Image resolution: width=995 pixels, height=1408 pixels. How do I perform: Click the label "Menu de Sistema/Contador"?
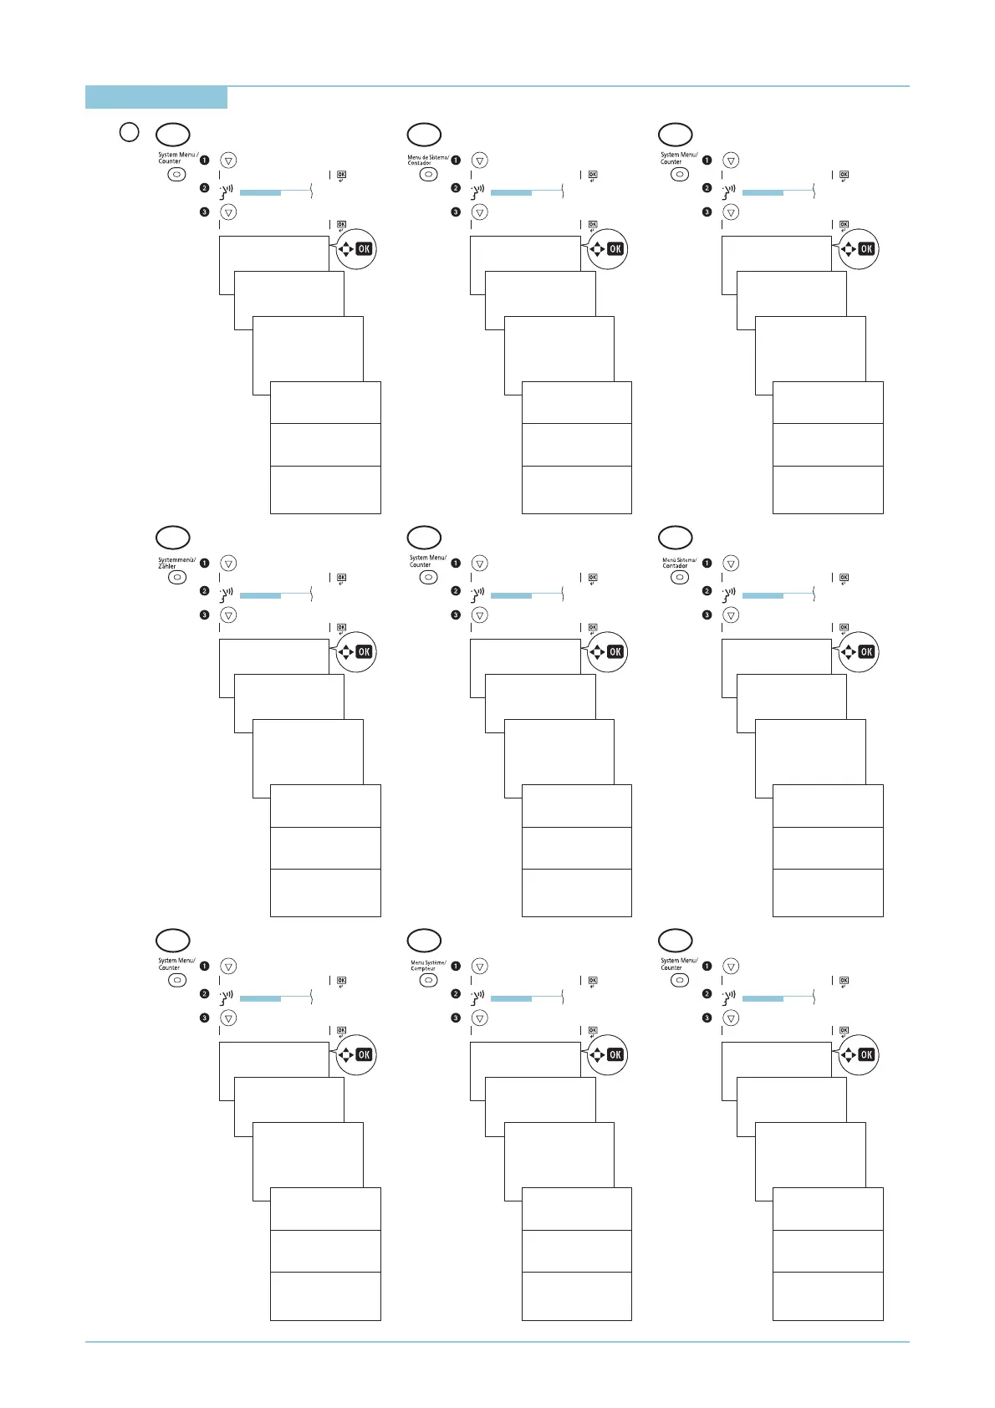pyautogui.click(x=428, y=160)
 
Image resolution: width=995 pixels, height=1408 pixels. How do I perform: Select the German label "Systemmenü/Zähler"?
pyautogui.click(x=176, y=563)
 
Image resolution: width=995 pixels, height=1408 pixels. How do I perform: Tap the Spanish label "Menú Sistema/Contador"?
pyautogui.click(x=679, y=563)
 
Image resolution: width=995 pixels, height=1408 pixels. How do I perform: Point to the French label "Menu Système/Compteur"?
pyautogui.click(x=428, y=966)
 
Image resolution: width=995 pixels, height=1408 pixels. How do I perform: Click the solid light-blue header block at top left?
pyautogui.click(x=156, y=98)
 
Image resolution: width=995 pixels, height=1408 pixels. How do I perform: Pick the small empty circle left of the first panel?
pyautogui.click(x=128, y=131)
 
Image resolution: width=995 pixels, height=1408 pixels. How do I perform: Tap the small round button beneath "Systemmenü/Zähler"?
pyautogui.click(x=176, y=578)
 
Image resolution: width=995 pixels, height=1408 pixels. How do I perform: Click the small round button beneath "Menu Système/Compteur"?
pyautogui.click(x=428, y=981)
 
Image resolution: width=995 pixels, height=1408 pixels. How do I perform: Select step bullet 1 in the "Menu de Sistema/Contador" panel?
pyautogui.click(x=456, y=160)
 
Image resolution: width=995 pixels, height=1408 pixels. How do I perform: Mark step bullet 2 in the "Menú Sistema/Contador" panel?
pyautogui.click(x=707, y=591)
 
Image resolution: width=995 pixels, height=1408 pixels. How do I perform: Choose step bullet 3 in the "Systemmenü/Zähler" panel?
pyautogui.click(x=204, y=615)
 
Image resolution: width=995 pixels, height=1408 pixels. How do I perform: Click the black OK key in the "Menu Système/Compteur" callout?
pyautogui.click(x=615, y=1054)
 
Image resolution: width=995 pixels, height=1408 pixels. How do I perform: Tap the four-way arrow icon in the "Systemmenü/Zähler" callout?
pyautogui.click(x=345, y=651)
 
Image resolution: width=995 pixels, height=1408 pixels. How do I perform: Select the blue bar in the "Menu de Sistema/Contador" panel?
pyautogui.click(x=511, y=192)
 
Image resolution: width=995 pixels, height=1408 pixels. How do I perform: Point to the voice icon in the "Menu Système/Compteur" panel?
pyautogui.click(x=478, y=996)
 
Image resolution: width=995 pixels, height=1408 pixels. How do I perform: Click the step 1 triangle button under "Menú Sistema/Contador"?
pyautogui.click(x=731, y=563)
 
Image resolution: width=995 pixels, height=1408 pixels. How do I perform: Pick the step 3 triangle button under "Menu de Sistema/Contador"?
pyautogui.click(x=479, y=212)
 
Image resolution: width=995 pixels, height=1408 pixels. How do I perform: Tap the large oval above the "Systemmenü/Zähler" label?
pyautogui.click(x=173, y=537)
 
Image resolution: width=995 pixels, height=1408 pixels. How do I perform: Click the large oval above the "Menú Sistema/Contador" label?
pyautogui.click(x=676, y=537)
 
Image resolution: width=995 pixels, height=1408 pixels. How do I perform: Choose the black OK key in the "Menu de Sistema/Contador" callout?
pyautogui.click(x=615, y=248)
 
